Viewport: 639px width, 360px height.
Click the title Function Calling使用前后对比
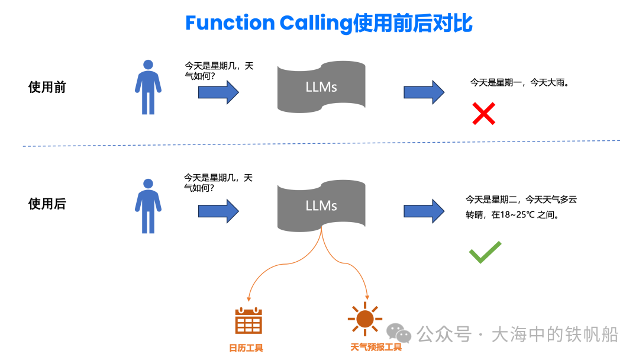pos(328,23)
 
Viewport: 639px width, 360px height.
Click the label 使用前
pos(47,88)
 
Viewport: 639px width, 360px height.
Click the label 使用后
pos(47,204)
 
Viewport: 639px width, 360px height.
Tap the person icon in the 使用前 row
pos(148,87)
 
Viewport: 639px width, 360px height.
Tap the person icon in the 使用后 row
pos(148,205)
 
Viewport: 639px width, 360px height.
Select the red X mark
pos(483,113)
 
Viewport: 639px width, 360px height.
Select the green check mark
pos(485,252)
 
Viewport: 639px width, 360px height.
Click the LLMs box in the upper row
pos(321,88)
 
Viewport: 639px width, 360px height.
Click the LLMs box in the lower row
pos(321,205)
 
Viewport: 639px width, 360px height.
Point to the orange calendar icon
pos(248,321)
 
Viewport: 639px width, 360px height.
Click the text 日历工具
pos(247,348)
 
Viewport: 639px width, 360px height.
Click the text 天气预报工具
pos(376,347)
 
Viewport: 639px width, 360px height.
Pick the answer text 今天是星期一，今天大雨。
pos(519,83)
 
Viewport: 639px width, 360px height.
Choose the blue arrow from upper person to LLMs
pos(218,92)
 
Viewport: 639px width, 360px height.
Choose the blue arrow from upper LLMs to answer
pos(424,92)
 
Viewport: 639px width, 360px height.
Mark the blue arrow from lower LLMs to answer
pos(424,210)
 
